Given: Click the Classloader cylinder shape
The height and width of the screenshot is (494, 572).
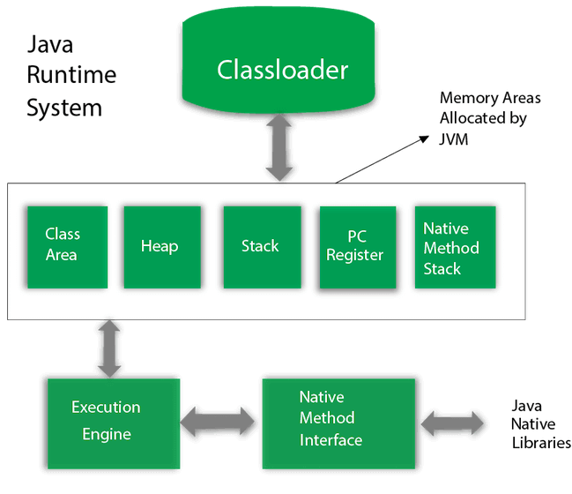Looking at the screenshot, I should (282, 66).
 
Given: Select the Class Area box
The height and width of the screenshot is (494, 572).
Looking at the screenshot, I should (67, 246).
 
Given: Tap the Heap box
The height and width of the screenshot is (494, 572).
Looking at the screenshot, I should (162, 247).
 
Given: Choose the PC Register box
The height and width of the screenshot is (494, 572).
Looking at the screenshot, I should (357, 248).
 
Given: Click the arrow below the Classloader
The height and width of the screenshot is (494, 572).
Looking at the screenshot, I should (279, 148).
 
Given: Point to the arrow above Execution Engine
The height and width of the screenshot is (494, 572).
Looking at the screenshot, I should (111, 348).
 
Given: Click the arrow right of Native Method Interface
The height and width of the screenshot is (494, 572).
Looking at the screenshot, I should (452, 423).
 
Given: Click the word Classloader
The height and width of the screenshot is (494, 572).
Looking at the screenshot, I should (282, 70).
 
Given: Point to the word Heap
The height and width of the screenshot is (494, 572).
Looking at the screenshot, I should (160, 246).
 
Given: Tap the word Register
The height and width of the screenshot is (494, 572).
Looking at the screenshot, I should (355, 256).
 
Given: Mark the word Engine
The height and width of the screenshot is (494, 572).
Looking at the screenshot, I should (107, 434).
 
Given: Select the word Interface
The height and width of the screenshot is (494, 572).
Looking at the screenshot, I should (331, 439).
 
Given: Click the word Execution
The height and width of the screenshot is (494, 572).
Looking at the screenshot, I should (106, 408).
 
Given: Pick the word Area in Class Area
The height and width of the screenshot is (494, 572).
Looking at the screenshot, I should (62, 255).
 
